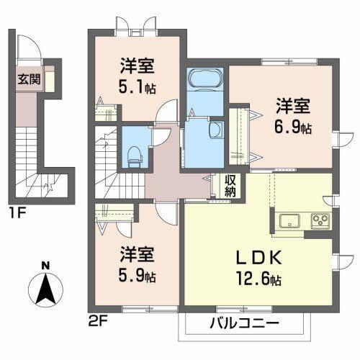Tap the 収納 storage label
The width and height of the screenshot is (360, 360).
(230, 186)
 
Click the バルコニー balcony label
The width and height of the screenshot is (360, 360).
(246, 323)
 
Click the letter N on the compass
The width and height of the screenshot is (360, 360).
(45, 264)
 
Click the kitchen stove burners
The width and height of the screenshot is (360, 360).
(319, 220)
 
